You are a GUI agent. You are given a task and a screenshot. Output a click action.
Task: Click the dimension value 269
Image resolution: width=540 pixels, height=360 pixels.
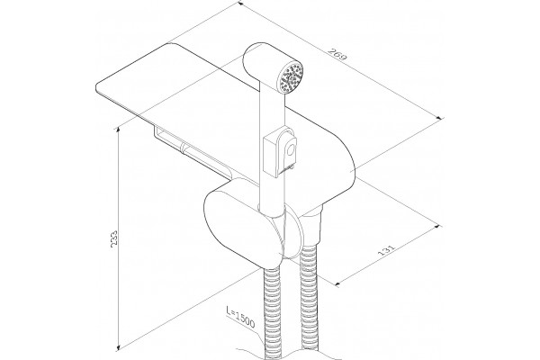coord(337,55)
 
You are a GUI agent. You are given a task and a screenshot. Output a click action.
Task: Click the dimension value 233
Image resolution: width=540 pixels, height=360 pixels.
coord(114,238)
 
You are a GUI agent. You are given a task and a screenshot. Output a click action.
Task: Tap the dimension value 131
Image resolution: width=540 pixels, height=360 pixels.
coord(386,250)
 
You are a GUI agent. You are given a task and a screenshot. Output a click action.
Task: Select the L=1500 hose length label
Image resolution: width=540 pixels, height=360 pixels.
coord(240,317)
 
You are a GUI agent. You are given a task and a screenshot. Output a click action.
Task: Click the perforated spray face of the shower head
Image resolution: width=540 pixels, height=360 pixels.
coord(292,76)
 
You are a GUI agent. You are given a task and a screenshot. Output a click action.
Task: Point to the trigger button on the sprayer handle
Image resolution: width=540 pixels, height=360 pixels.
coord(290,150)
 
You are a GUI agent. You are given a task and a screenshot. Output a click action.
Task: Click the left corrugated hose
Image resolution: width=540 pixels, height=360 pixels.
coord(273,310)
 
